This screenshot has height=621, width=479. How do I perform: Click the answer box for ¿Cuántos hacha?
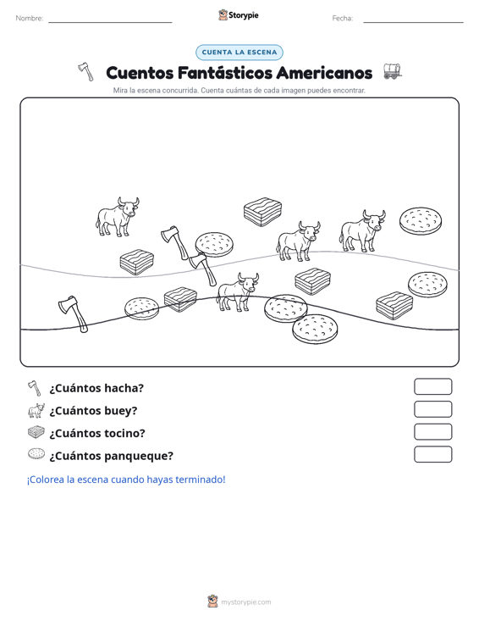(x=432, y=386)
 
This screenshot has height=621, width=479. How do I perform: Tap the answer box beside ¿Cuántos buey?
(x=432, y=409)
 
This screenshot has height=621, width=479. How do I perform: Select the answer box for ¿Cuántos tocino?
(x=432, y=432)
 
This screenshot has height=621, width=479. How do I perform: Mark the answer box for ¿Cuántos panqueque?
(x=432, y=454)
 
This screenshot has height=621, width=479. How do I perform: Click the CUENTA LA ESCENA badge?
(x=239, y=53)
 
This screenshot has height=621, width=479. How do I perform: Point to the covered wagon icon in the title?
(x=392, y=71)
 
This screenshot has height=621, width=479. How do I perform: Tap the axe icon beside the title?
(x=85, y=72)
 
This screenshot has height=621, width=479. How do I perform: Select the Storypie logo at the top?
(x=239, y=15)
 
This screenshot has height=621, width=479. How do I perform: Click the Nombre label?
(x=30, y=19)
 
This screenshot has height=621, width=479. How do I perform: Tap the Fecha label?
(x=343, y=19)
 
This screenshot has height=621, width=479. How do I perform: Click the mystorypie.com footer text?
(x=246, y=602)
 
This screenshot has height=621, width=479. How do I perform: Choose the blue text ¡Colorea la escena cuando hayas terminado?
(x=126, y=480)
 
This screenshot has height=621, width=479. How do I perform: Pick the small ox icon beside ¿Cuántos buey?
(x=36, y=411)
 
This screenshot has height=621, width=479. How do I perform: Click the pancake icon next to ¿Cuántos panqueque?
(x=36, y=454)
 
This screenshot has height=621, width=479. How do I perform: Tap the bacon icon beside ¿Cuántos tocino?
(x=36, y=432)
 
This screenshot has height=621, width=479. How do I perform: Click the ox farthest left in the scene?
(x=117, y=217)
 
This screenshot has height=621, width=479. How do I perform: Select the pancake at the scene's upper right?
(x=421, y=220)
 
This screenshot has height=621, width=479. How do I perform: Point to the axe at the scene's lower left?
(x=73, y=313)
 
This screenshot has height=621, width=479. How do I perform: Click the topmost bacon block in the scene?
(x=262, y=212)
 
